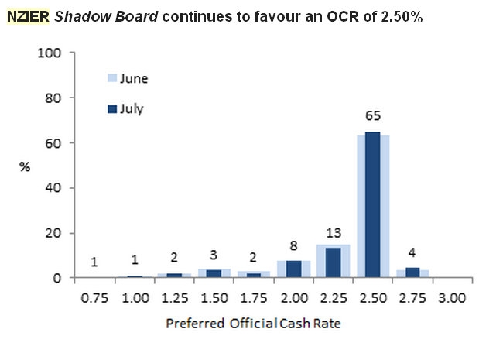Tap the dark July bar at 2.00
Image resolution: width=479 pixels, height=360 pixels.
293,269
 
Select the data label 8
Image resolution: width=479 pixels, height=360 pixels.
293,247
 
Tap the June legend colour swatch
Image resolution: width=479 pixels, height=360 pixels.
111,78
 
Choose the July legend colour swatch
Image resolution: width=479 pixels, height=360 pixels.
111,109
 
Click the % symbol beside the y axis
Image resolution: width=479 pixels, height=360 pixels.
24,166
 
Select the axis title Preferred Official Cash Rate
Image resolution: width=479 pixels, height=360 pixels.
252,324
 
